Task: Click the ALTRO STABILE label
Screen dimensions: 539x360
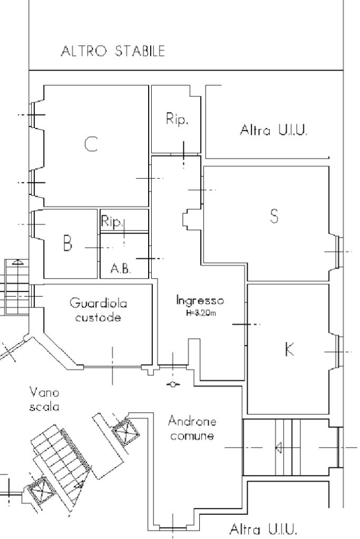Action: pos(113,51)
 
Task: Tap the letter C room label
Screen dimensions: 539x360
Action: pos(91,144)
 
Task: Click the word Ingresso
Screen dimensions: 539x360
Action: pos(200,301)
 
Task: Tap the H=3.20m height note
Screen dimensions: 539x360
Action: pos(200,312)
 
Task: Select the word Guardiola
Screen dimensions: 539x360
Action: pos(98,303)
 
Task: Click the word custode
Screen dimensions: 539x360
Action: pos(98,318)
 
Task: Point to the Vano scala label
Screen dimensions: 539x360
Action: pos(44,399)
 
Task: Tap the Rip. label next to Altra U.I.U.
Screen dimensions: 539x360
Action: pos(177,120)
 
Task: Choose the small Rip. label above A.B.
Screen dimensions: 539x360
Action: pos(112,223)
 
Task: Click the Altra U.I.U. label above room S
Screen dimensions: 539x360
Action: pos(273,130)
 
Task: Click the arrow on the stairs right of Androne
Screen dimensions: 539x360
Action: pos(278,448)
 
